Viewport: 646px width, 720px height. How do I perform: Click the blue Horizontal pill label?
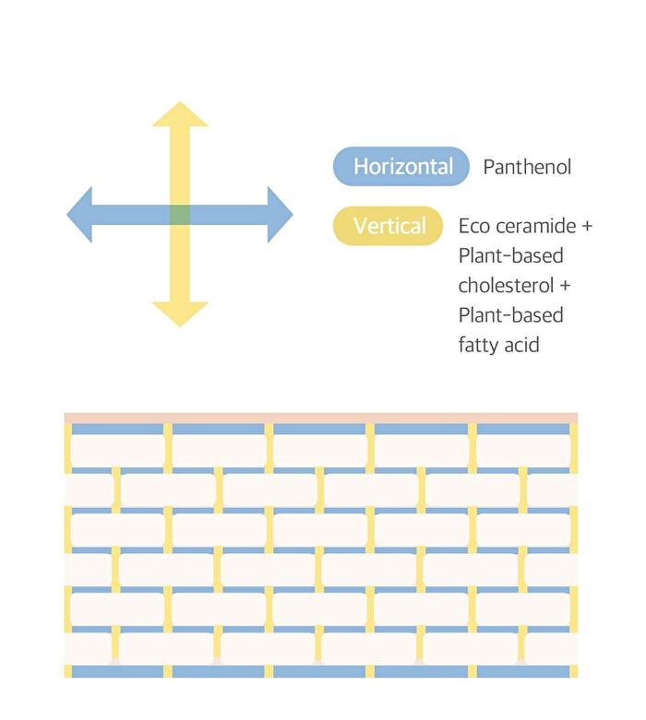pyautogui.click(x=401, y=166)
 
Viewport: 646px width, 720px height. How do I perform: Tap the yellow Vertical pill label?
pyautogui.click(x=388, y=226)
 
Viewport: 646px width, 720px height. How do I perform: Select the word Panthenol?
pyautogui.click(x=527, y=167)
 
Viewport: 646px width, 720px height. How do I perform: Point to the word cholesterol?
pyautogui.click(x=506, y=285)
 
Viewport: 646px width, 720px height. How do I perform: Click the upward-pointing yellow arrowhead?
pyautogui.click(x=180, y=115)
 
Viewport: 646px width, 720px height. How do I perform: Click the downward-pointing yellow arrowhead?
pyautogui.click(x=180, y=313)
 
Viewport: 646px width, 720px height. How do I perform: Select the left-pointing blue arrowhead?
pyautogui.click(x=79, y=215)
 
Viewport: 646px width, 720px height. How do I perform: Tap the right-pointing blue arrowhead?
pyautogui.click(x=280, y=215)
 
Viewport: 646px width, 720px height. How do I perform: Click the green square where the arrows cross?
pyautogui.click(x=180, y=215)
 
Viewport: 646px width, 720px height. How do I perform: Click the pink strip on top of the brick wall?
pyautogui.click(x=321, y=418)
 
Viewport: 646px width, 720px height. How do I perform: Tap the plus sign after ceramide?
pyautogui.click(x=587, y=226)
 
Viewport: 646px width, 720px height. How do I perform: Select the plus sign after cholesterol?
pyautogui.click(x=565, y=285)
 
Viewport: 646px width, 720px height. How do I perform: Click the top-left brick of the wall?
pyautogui.click(x=118, y=451)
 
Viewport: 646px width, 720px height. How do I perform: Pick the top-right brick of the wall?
pyautogui.click(x=523, y=451)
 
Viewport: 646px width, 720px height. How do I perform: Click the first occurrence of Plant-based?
pyautogui.click(x=511, y=255)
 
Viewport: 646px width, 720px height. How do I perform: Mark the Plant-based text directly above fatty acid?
pyautogui.click(x=511, y=315)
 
